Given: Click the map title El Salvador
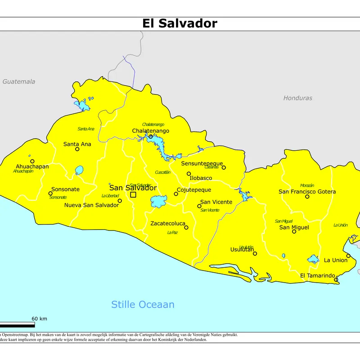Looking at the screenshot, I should pos(180,23).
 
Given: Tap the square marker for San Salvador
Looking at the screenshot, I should pos(133,195).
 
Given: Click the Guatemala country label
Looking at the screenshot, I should pos(18,81).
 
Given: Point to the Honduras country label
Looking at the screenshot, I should pos(297,98).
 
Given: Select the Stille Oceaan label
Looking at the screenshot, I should pos(143,305).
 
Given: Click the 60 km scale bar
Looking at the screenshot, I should pos(17,325).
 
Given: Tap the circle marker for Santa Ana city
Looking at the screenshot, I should pos(77,149).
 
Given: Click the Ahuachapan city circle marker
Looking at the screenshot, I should pos(32,161).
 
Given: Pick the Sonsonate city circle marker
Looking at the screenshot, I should pos(50,193).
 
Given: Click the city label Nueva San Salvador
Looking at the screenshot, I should pos(91,205).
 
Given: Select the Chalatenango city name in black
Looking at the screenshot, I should pos(150,130).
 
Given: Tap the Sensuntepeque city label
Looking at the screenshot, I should pos(202,163).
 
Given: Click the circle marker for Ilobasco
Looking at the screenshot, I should pos(189,174).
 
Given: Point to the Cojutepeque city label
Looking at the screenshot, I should pos(193,190).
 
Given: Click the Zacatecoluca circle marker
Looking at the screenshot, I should pos(186,227).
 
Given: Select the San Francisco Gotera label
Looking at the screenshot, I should pos(307,192).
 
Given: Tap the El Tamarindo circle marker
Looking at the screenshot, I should pos(336,280).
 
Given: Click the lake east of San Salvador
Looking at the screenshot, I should pos(158,202).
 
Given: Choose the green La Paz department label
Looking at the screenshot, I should pos(172,233).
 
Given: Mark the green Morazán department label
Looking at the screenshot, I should pos(307,185).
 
